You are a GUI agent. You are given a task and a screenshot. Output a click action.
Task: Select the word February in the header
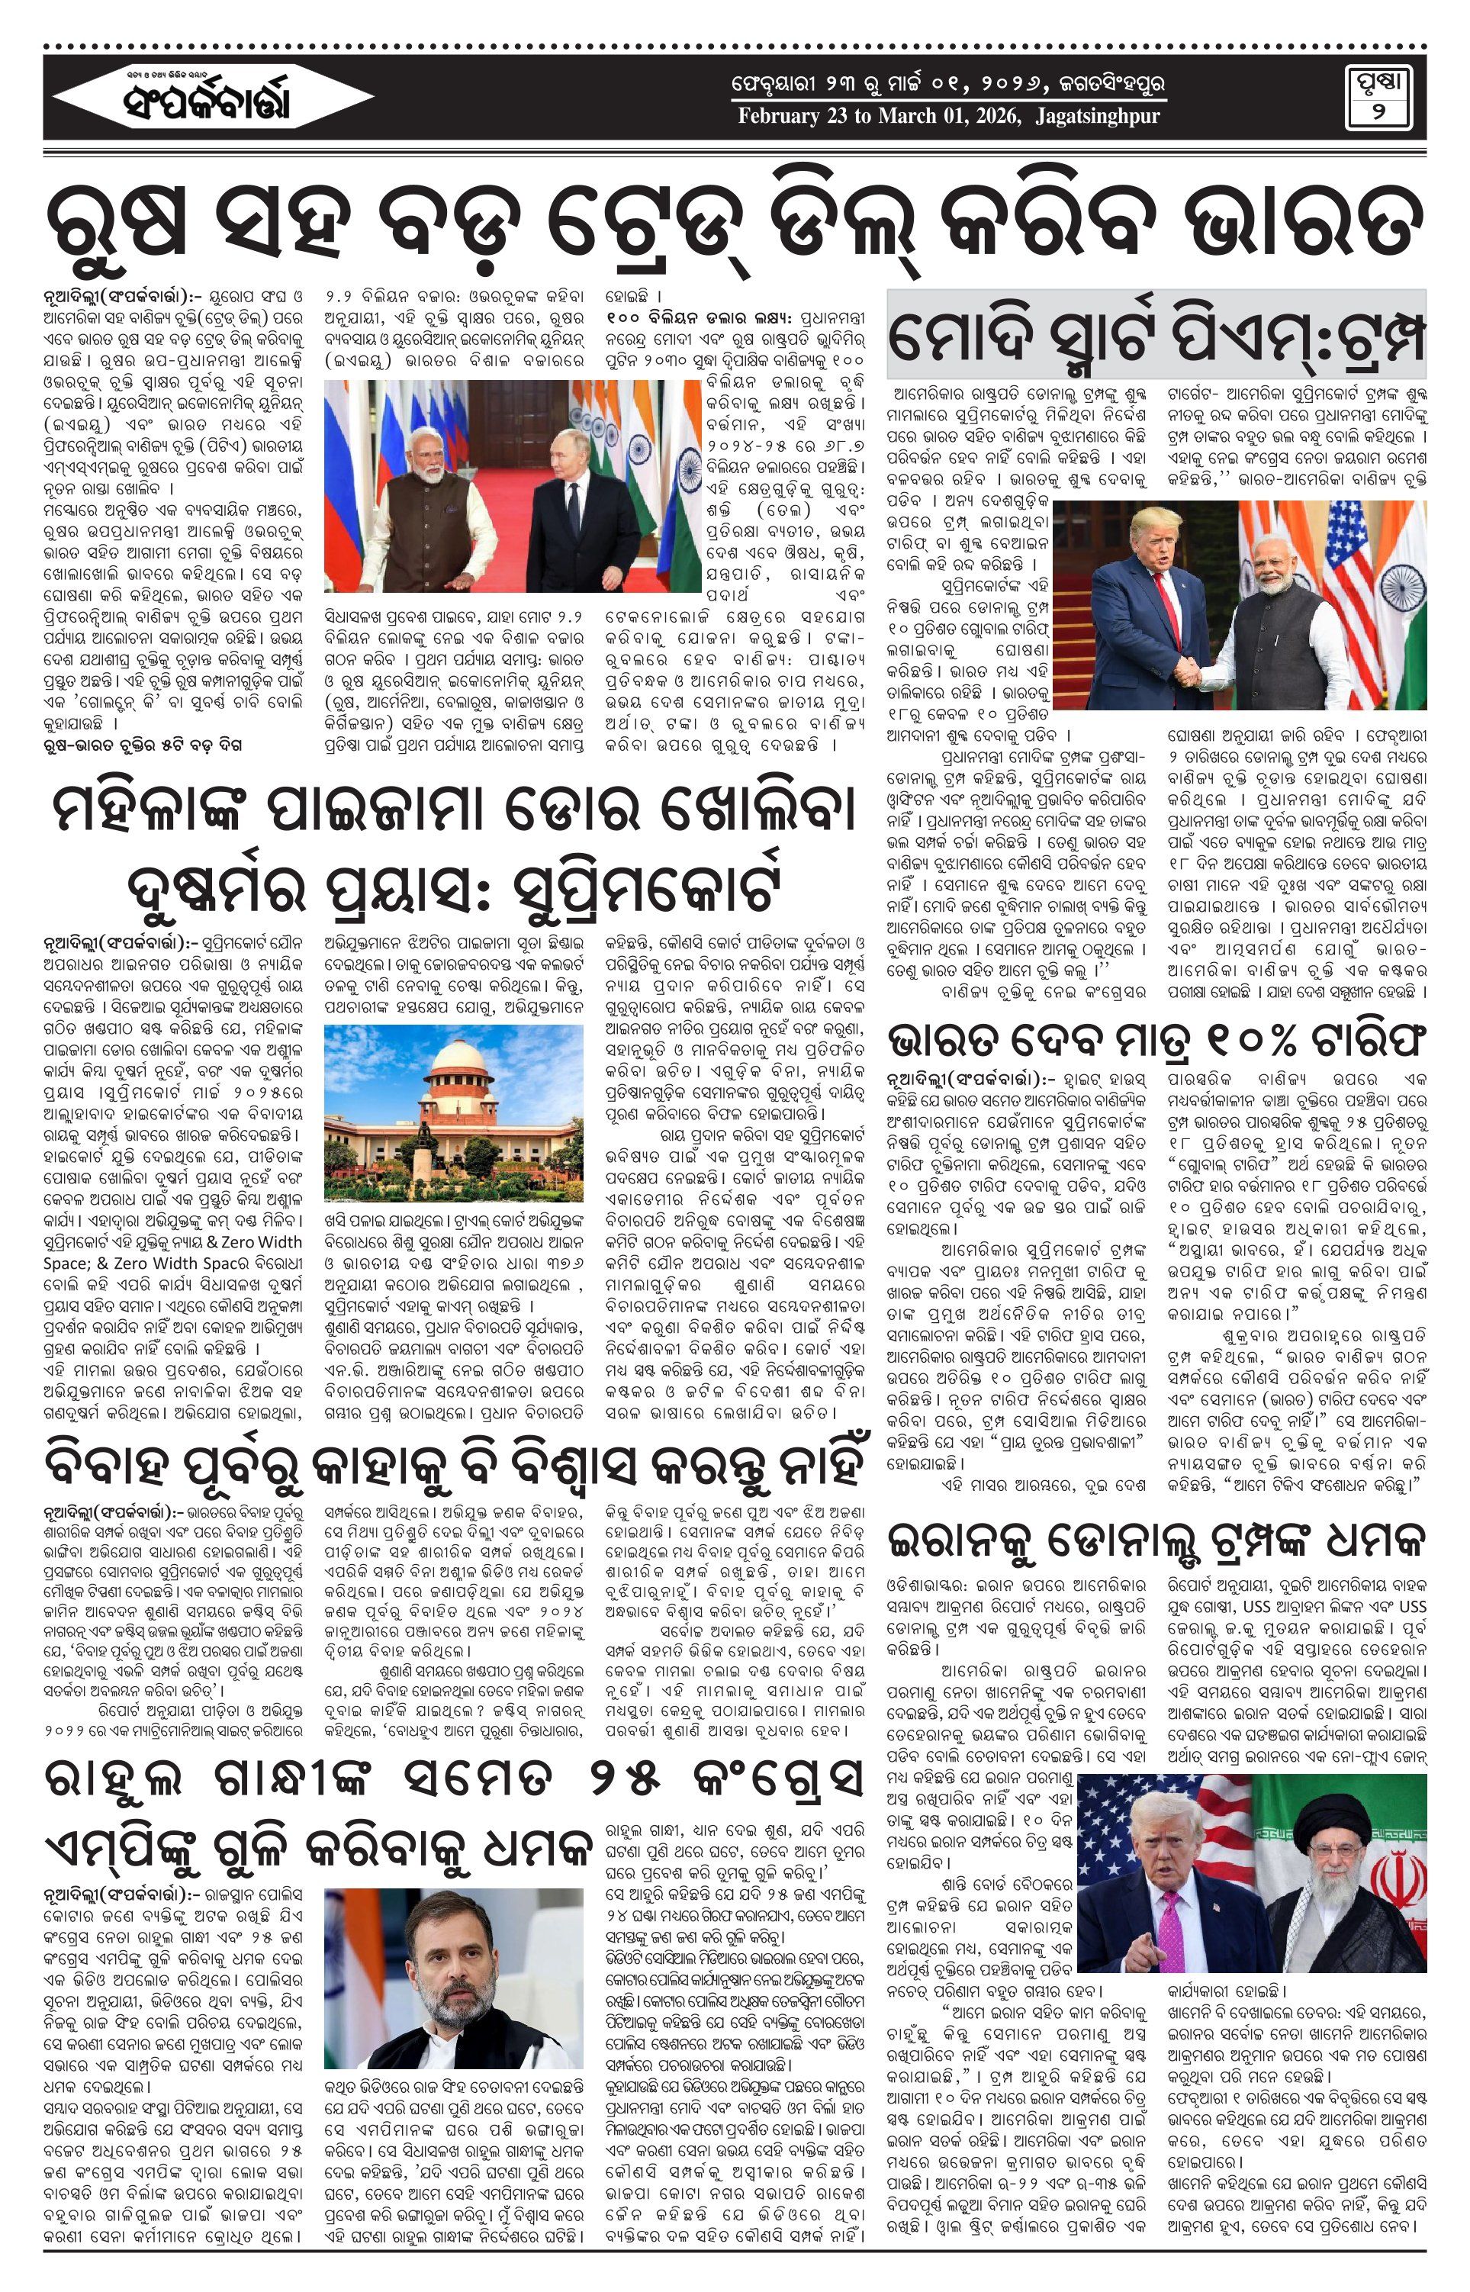point(777,117)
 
